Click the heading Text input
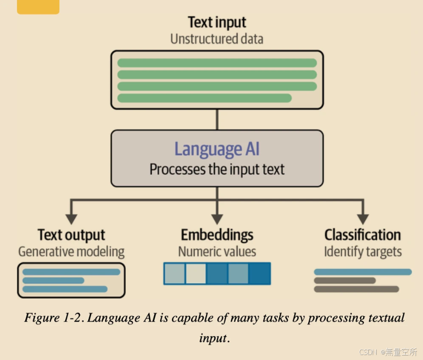(x=217, y=22)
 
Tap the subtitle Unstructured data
(x=216, y=39)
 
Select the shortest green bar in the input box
(x=205, y=98)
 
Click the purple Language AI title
(x=217, y=149)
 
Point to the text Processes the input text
(x=217, y=170)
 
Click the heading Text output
(x=71, y=235)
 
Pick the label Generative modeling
(x=71, y=251)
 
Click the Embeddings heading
(x=217, y=235)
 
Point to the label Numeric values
(x=217, y=251)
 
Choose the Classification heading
(x=363, y=235)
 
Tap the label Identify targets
(x=363, y=251)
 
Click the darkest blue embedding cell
(x=259, y=274)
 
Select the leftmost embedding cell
(x=175, y=274)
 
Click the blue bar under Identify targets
(x=363, y=272)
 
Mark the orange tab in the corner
(x=38, y=6)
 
